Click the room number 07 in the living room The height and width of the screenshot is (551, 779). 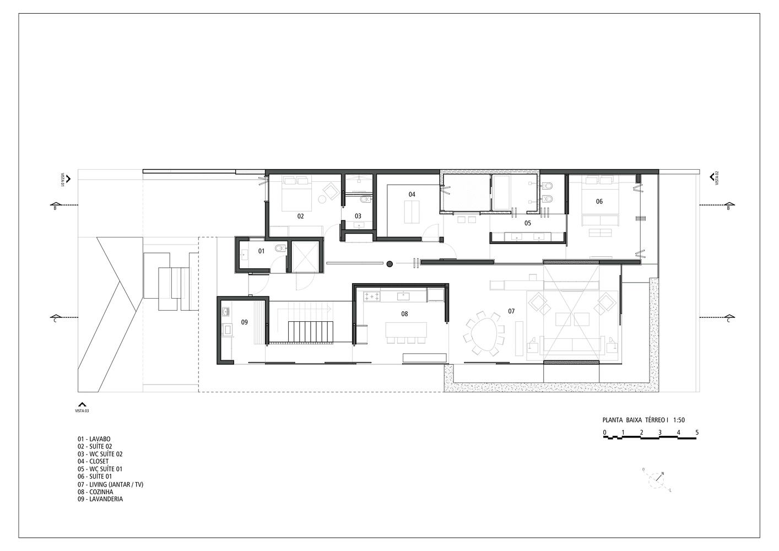pyautogui.click(x=511, y=311)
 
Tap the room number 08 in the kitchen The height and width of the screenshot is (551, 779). pyautogui.click(x=404, y=314)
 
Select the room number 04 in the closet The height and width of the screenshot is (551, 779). pyautogui.click(x=412, y=194)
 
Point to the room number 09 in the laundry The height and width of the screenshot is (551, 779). pyautogui.click(x=245, y=322)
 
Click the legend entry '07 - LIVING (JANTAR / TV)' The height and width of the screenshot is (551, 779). pyautogui.click(x=110, y=484)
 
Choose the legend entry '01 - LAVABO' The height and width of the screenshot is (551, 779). pyautogui.click(x=94, y=439)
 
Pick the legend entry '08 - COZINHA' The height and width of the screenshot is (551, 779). pyautogui.click(x=95, y=492)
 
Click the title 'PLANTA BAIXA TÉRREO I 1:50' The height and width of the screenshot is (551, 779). pyautogui.click(x=643, y=420)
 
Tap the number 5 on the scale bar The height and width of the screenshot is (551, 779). pyautogui.click(x=697, y=433)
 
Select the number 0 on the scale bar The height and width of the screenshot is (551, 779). pyautogui.click(x=605, y=433)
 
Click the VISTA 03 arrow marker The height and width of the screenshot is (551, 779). pyautogui.click(x=82, y=404)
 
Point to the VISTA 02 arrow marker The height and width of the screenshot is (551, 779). pyautogui.click(x=712, y=177)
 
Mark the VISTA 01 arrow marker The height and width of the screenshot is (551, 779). pyautogui.click(x=68, y=179)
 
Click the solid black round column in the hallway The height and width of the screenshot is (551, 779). pyautogui.click(x=389, y=264)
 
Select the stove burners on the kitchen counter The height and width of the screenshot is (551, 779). pyautogui.click(x=372, y=297)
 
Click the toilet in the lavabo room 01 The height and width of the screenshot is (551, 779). pyautogui.click(x=280, y=249)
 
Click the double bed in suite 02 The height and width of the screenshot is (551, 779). pyautogui.click(x=296, y=193)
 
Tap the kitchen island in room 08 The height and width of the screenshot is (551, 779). pyautogui.click(x=406, y=329)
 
